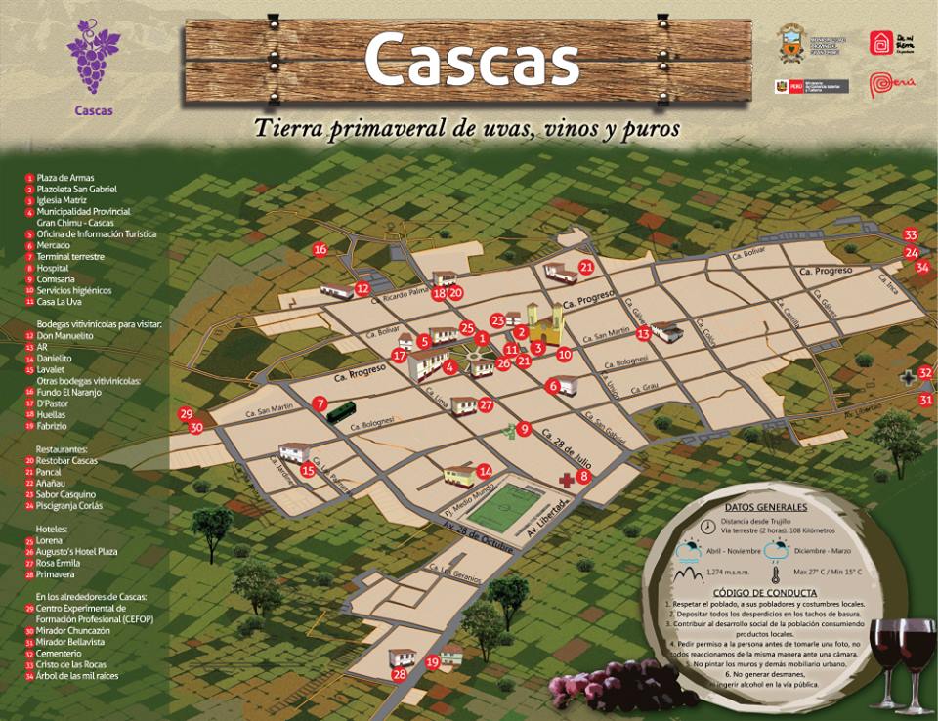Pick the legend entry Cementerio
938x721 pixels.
pyautogui.click(x=61, y=653)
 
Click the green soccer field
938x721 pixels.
pyautogui.click(x=507, y=504)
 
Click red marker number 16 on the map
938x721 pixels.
pyautogui.click(x=320, y=249)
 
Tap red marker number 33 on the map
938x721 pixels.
pyautogui.click(x=911, y=235)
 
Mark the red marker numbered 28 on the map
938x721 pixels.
pyautogui.click(x=399, y=674)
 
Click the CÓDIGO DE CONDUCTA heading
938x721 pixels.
pyautogui.click(x=765, y=593)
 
